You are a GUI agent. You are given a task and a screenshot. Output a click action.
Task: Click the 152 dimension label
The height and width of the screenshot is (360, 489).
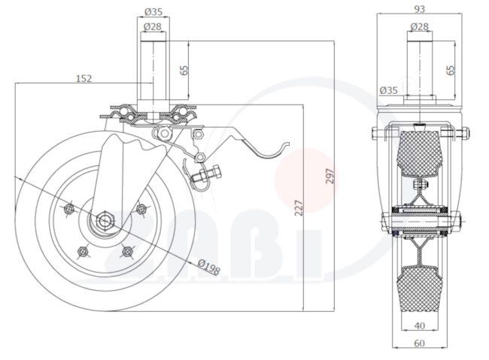84,78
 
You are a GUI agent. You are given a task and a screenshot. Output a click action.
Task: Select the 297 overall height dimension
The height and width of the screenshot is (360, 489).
330,176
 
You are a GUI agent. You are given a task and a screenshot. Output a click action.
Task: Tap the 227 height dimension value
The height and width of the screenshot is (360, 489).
299,208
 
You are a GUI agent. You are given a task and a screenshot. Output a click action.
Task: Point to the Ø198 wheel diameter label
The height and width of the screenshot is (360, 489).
209,267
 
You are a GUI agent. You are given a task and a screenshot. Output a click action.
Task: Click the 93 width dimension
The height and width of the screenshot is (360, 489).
420,9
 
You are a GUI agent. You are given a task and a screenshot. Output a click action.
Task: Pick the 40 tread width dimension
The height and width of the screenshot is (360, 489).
420,325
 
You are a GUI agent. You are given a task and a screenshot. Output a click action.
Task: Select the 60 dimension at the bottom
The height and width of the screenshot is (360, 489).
420,343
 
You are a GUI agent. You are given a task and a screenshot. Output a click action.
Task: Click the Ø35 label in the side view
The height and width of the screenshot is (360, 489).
153,12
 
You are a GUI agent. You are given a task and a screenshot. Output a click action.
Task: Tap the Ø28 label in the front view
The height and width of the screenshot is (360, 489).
420,27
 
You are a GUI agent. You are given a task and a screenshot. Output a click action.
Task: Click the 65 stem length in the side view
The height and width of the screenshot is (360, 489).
184,70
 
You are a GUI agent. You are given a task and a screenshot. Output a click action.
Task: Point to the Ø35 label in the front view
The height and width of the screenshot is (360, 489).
389,90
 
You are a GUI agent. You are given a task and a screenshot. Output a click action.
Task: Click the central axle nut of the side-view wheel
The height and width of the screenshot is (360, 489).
104,219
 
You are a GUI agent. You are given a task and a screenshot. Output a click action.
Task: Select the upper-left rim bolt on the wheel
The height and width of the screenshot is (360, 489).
68,209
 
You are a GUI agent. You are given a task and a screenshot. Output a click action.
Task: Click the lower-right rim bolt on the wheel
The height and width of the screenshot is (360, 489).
127,251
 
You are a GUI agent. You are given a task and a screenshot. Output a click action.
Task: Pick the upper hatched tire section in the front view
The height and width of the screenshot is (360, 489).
420,153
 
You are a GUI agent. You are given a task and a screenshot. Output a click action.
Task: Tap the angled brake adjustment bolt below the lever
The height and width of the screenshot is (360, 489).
206,175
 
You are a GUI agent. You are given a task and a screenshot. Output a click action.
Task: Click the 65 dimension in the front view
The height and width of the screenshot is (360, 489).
451,70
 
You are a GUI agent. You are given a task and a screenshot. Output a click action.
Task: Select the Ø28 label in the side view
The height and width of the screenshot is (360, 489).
153,27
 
